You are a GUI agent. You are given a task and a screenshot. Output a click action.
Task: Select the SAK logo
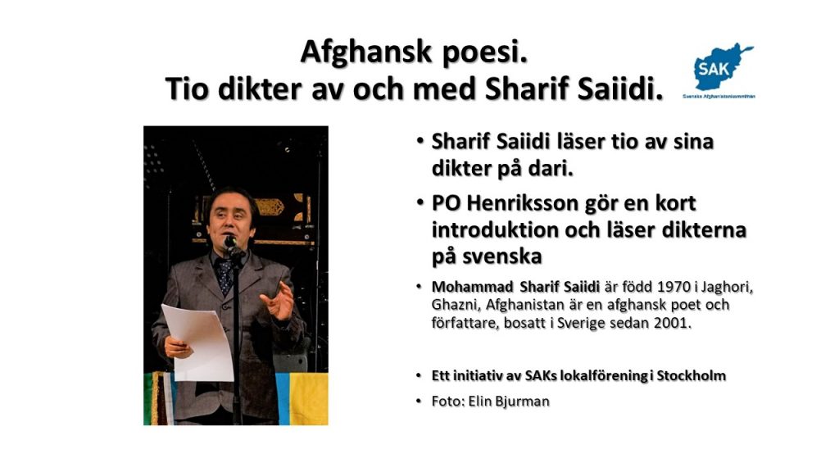(x=719, y=70)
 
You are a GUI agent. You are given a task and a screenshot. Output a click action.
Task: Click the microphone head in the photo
(x=230, y=242)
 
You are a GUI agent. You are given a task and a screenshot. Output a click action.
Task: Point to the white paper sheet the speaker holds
(x=198, y=343)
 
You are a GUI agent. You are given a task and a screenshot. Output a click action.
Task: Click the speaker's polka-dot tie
(x=224, y=275)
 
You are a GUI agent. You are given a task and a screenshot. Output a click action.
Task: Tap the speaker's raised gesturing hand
(x=279, y=300)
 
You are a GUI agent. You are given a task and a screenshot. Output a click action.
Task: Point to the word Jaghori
(x=728, y=288)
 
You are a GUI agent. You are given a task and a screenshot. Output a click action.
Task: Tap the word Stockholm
(x=692, y=375)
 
